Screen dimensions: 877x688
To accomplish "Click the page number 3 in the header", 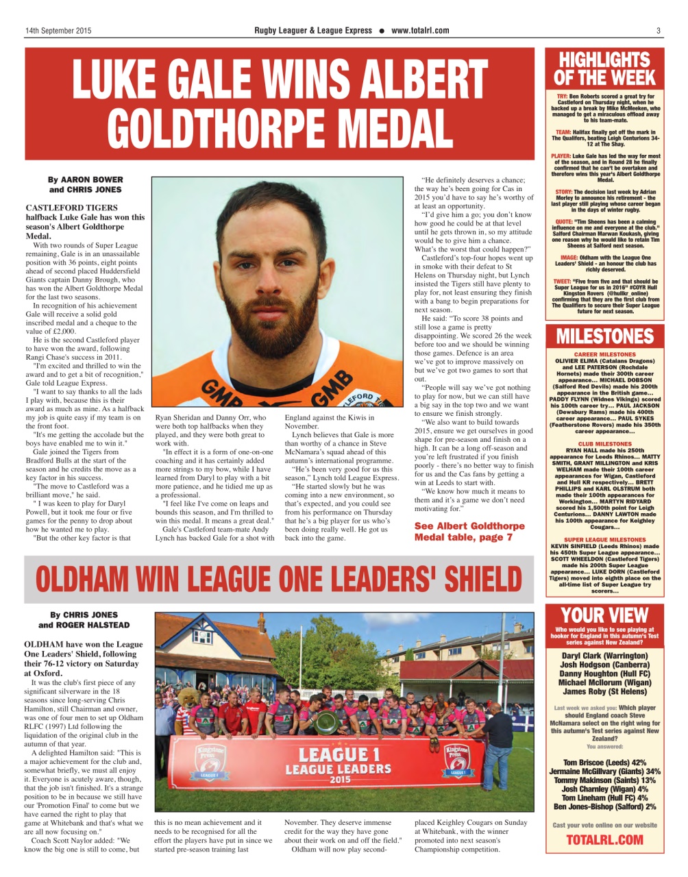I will click(x=658, y=31).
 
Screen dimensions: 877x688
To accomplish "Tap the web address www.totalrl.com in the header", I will click(x=420, y=31).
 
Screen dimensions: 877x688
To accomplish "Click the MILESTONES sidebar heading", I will click(x=604, y=336).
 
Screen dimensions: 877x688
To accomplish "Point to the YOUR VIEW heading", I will click(x=604, y=615).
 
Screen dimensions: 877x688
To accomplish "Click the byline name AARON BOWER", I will click(x=95, y=180).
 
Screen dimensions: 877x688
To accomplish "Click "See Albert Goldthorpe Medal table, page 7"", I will click(x=469, y=531).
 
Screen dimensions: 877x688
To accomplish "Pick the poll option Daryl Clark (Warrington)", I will click(x=604, y=655).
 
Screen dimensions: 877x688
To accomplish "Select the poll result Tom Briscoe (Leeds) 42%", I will click(x=604, y=762).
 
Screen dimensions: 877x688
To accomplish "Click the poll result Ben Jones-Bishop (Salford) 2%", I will click(x=604, y=806).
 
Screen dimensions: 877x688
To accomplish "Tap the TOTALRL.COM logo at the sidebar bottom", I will click(x=604, y=839).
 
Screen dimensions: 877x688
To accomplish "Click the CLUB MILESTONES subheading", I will click(x=604, y=444).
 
